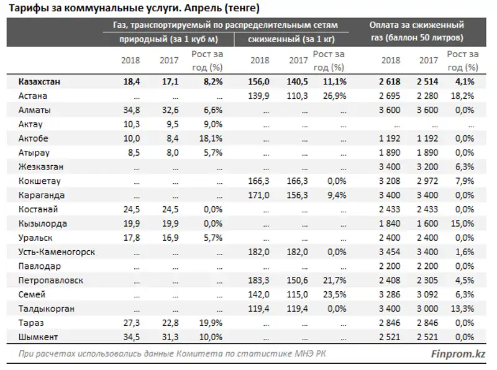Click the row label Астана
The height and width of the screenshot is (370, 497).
click(x=33, y=96)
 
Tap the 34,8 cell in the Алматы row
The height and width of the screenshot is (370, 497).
click(x=131, y=111)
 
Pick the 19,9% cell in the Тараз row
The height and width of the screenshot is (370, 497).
click(x=210, y=323)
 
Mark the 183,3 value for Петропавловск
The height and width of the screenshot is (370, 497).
click(x=258, y=281)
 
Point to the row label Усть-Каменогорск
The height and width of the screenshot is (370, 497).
click(x=57, y=252)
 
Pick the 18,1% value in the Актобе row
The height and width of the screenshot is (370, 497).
click(x=210, y=138)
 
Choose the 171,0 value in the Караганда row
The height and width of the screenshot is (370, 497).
click(x=258, y=196)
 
